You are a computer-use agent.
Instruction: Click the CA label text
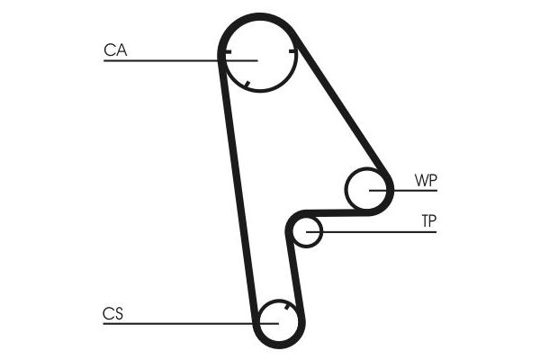point(115,51)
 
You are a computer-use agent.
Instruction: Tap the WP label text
point(426,180)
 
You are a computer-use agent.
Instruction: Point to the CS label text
point(112,314)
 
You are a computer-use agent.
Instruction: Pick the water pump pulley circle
point(369,190)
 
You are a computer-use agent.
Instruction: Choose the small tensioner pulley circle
point(307,232)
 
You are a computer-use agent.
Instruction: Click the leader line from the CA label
point(162,60)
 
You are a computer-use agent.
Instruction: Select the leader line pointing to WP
point(414,190)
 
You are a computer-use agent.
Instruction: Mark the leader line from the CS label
point(180,323)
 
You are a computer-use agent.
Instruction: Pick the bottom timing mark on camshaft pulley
point(246,85)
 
